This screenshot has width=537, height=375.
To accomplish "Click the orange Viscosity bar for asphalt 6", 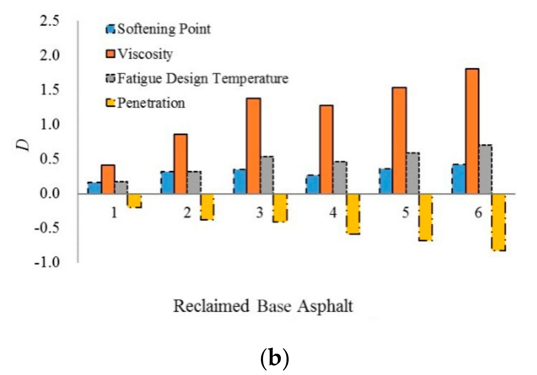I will [472, 131].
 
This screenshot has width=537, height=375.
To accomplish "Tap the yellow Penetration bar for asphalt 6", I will [498, 223].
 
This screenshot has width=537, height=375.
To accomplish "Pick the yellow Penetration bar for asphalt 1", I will [134, 201].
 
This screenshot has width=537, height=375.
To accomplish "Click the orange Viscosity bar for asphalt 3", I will [254, 146].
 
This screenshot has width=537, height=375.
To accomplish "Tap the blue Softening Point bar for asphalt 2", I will [167, 183].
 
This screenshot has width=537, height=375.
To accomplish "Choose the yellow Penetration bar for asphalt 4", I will [353, 214].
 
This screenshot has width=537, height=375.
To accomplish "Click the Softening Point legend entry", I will [159, 29].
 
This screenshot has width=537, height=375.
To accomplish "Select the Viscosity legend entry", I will [140, 54].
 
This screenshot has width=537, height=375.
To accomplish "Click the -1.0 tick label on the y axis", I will [47, 262].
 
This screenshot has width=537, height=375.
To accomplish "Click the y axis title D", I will [25, 145].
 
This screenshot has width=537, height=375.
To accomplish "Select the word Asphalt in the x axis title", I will [325, 306].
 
